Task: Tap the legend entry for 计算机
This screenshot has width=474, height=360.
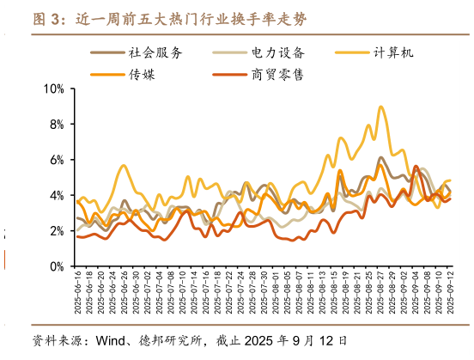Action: pyautogui.click(x=394, y=52)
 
